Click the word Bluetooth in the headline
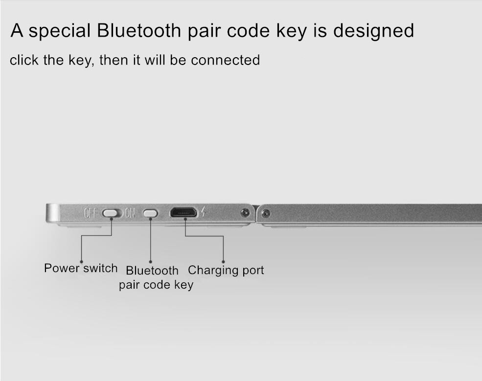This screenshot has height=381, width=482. [x=139, y=30]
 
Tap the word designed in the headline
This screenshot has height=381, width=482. [x=373, y=30]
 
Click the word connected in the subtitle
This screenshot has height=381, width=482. [x=225, y=60]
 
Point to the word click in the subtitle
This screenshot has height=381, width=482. [x=24, y=60]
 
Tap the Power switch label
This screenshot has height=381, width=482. [x=81, y=268]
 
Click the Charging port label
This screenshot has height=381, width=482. [x=226, y=270]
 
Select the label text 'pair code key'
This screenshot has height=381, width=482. [x=156, y=285]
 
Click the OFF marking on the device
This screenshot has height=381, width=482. [x=90, y=213]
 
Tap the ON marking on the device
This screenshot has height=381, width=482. [x=130, y=213]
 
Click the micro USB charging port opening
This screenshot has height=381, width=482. [x=184, y=212]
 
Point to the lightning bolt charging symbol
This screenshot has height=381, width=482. [x=203, y=212]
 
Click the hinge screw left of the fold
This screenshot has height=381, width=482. [x=245, y=212]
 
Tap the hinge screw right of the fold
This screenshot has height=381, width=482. [x=266, y=213]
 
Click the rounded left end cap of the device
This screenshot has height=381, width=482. [x=53, y=213]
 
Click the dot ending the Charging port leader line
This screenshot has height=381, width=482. [x=224, y=262]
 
